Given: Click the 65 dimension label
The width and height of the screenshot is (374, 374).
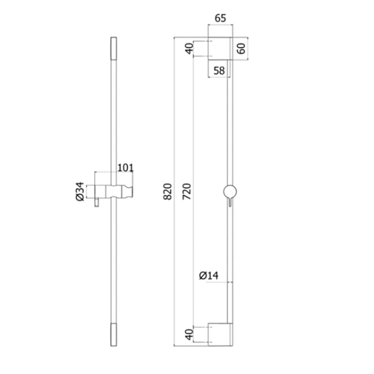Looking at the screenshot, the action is (x=220, y=18).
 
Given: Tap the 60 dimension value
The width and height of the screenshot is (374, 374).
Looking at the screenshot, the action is (x=241, y=49).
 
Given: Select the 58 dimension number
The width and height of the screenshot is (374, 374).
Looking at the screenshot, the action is (x=219, y=71).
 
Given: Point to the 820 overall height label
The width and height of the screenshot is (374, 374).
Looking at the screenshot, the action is (x=167, y=191).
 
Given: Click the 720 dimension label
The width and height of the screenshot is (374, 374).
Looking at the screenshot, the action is (x=187, y=191).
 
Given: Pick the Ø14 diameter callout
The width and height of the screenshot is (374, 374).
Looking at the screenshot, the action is (x=209, y=275).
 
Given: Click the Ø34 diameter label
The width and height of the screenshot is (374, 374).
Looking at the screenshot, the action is (x=80, y=191).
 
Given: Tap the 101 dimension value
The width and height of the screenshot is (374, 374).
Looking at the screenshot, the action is (x=126, y=168).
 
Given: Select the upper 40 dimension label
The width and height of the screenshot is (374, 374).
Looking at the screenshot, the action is (x=190, y=49).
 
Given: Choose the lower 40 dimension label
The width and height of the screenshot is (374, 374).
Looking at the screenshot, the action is (x=190, y=335).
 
